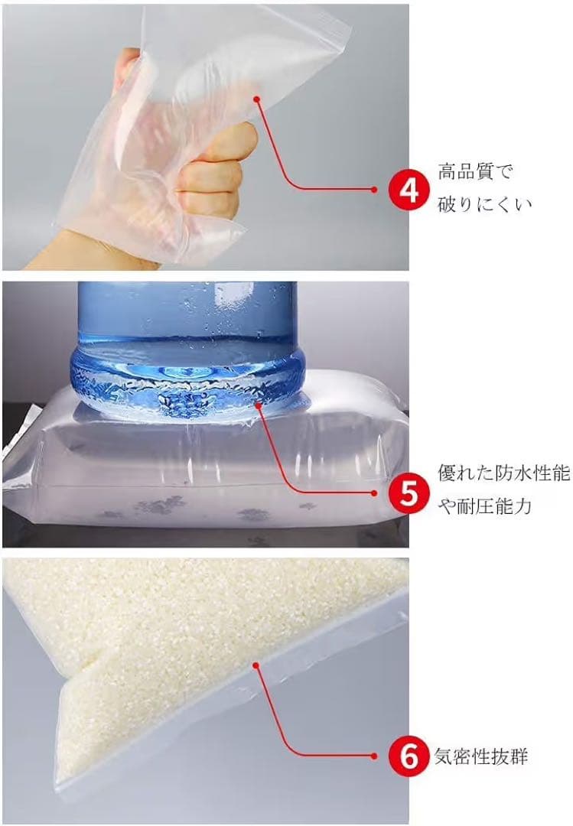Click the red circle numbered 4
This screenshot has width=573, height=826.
(x=408, y=190)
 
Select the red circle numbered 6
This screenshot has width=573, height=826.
(x=408, y=756)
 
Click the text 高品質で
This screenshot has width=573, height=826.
(x=474, y=172)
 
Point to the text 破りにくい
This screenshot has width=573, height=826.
(x=484, y=204)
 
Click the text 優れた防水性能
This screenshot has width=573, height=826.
(x=504, y=473)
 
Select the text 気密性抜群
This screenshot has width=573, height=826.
(x=480, y=756)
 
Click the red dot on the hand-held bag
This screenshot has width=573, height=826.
(x=256, y=99)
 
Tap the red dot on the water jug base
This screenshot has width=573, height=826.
(x=258, y=405)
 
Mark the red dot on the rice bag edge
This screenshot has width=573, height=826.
(x=256, y=665)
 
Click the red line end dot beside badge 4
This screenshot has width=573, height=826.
(x=374, y=190)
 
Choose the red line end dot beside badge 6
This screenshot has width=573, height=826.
(x=374, y=756)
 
